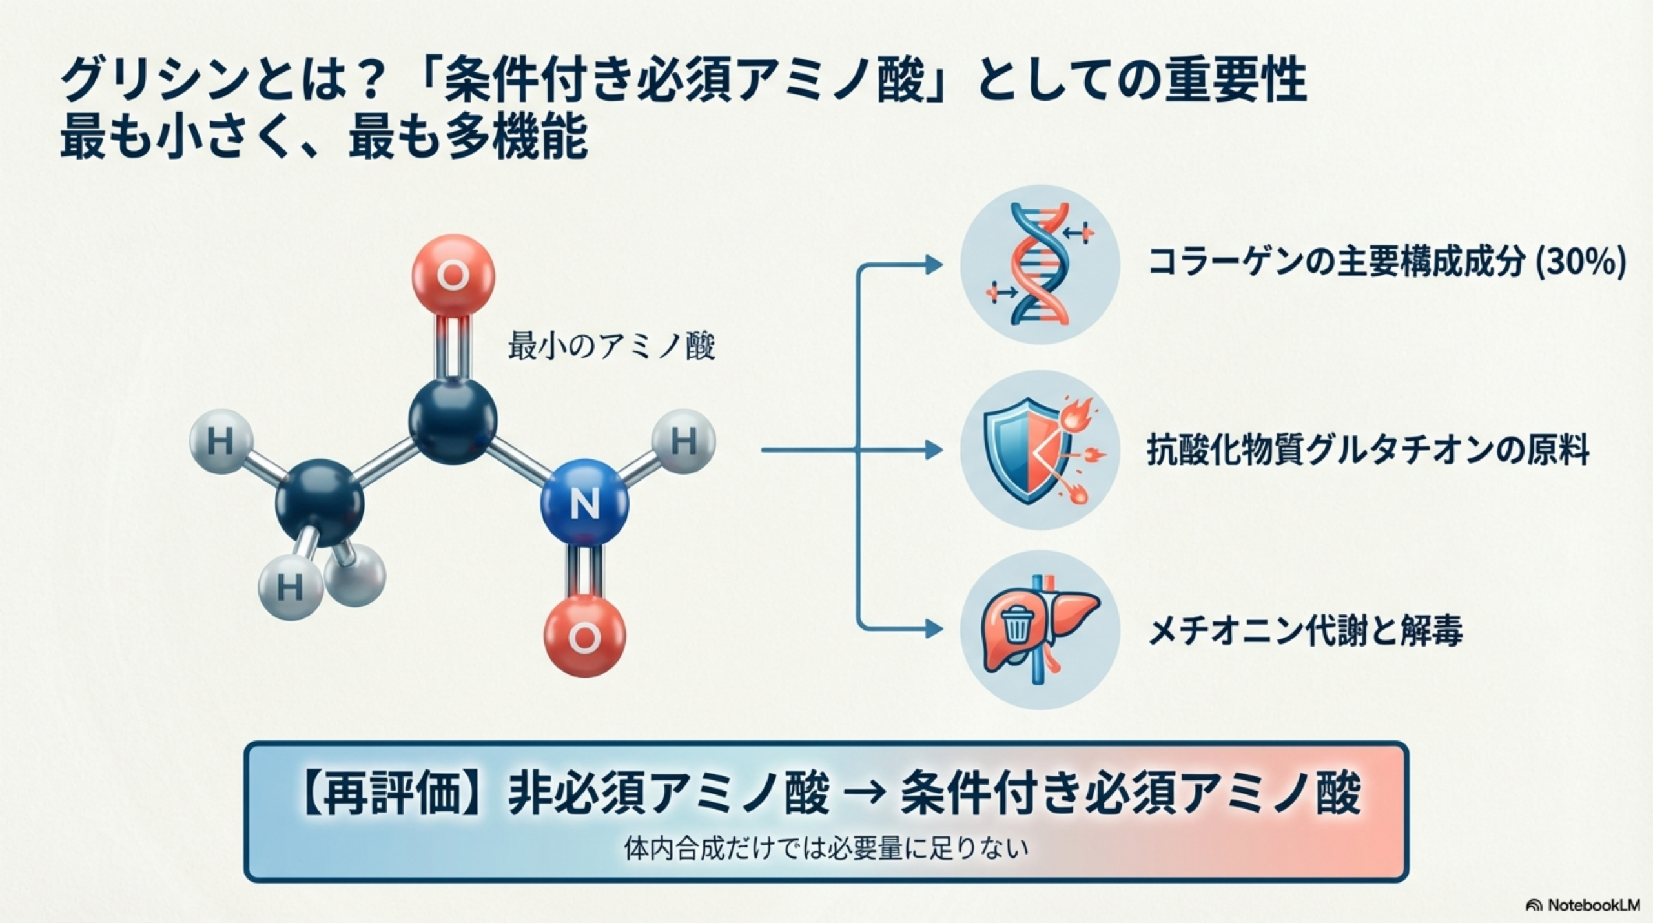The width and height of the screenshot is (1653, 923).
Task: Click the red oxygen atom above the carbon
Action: (x=453, y=276)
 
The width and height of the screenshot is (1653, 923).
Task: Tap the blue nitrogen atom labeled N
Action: (x=584, y=503)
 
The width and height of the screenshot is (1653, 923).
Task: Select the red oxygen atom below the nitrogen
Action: (x=584, y=636)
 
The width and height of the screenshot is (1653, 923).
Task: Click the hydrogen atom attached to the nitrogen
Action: (x=684, y=442)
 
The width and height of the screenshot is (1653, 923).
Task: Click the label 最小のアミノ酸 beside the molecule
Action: (x=611, y=347)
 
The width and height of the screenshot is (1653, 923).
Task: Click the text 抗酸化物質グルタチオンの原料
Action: (x=1368, y=450)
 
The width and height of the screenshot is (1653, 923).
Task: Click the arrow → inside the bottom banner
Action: (x=865, y=795)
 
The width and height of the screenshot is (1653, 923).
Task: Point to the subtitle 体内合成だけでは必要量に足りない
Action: (x=826, y=848)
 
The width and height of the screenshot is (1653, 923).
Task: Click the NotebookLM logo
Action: (x=1589, y=905)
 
